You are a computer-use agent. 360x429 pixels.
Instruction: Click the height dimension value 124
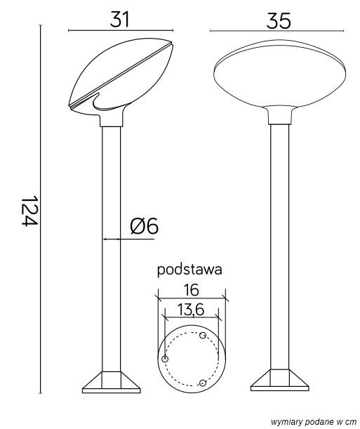29,211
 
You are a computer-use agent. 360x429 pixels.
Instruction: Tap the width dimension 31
119,19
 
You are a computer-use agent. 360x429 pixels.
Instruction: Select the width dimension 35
279,21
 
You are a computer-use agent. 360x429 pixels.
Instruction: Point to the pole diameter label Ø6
144,226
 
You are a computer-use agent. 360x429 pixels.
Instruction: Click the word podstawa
189,270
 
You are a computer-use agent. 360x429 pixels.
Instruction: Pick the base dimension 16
191,290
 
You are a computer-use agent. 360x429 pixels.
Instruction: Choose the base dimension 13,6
191,310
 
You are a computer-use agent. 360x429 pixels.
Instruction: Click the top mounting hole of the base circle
203,335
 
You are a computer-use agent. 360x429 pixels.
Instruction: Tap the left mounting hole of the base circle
165,359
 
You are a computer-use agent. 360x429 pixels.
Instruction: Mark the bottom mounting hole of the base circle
203,383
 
